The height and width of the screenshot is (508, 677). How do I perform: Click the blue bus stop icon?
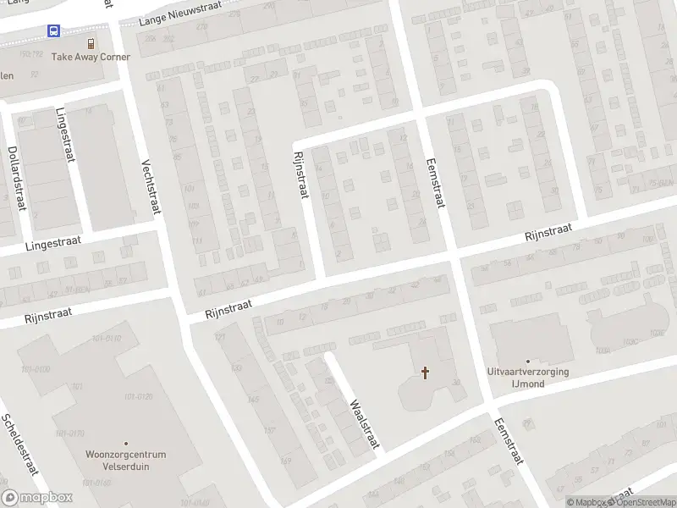point(54,31)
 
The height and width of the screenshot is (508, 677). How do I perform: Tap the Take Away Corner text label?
point(91,57)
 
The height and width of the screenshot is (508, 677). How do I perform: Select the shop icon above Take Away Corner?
point(91,43)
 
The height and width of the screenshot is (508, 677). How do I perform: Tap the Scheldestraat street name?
point(19,445)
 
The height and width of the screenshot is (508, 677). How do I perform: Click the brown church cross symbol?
point(425,372)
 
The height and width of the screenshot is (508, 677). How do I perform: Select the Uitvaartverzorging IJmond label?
point(528,378)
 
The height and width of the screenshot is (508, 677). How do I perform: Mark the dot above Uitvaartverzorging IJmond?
point(528,362)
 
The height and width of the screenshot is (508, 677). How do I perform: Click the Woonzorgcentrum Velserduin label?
point(126,459)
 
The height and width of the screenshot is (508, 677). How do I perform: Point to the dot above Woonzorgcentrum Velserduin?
point(126,443)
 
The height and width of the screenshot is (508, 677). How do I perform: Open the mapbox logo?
point(37,497)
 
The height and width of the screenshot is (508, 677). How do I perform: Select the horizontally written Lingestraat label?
point(52,243)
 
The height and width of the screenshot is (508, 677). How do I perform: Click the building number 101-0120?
point(138,396)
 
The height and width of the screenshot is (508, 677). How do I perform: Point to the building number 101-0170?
point(70,433)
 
